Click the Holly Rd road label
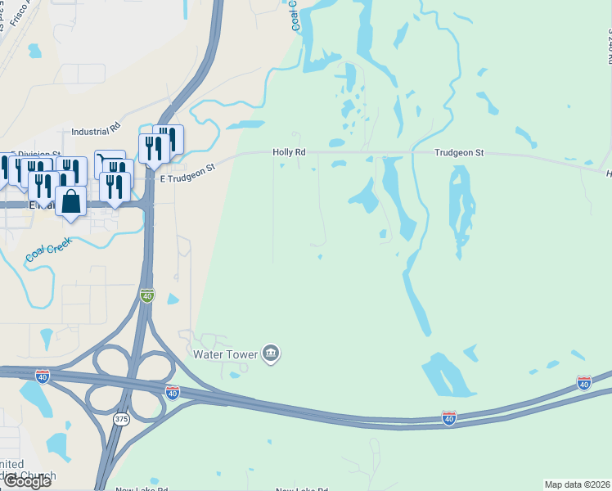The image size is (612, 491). point(289,152)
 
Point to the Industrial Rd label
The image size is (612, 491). point(96,130)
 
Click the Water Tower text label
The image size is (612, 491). point(225,354)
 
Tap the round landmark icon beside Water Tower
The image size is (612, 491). point(272,354)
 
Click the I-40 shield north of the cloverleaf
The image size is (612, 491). point(146,295)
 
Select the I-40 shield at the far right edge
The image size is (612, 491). point(583,382)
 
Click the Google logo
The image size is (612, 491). point(27,480)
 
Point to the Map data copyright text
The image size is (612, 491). point(577,484)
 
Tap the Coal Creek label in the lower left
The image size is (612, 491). point(48,249)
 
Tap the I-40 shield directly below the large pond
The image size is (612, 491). point(448,418)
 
